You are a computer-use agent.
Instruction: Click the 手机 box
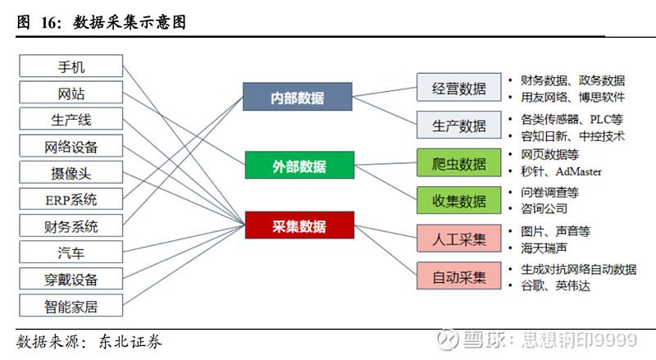[x=71, y=66]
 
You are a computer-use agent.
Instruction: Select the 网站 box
[x=71, y=93]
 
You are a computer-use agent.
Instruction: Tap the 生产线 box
[x=71, y=120]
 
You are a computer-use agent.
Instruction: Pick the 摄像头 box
[x=71, y=173]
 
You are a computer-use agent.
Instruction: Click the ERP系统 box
[x=71, y=199]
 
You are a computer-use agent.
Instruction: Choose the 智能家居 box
[x=71, y=307]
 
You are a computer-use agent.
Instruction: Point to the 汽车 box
[x=71, y=253]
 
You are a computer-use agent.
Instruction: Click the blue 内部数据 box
[x=298, y=98]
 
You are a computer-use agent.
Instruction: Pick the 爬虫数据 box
[x=458, y=163]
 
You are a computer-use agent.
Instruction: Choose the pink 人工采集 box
[x=458, y=239]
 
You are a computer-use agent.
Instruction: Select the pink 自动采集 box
[x=458, y=276]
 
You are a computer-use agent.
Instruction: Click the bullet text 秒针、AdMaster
[x=561, y=171]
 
